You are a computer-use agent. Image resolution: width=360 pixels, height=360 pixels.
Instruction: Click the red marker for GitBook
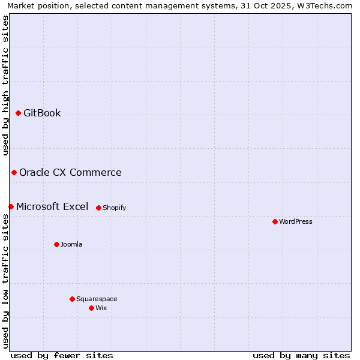[x=18, y=113]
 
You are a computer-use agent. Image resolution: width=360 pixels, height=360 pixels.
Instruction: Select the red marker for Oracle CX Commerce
[x=14, y=172]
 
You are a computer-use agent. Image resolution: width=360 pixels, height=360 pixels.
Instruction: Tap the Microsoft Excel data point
[x=11, y=206]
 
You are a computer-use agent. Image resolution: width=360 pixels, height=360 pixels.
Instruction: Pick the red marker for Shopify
[x=98, y=208]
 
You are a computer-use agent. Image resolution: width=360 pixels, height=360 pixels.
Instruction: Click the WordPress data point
[x=275, y=221]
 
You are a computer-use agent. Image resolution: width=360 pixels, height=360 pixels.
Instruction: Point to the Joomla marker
[x=56, y=244]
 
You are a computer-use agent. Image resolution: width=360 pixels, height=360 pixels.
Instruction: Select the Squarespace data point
[x=72, y=299]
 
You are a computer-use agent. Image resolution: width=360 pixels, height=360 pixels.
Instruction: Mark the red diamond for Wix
[x=91, y=308]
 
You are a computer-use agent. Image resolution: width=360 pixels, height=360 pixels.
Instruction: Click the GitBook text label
[x=42, y=113]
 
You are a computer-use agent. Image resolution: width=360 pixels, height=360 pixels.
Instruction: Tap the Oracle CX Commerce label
[x=70, y=172]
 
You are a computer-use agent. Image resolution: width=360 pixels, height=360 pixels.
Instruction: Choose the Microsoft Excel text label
[x=52, y=206]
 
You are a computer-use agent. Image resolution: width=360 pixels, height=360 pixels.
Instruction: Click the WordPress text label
[x=296, y=221]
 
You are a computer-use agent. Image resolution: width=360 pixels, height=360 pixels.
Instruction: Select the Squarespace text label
[x=97, y=299]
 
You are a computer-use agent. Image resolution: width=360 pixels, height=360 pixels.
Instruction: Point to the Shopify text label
[x=114, y=208]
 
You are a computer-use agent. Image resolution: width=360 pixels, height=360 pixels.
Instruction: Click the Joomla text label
[x=71, y=244]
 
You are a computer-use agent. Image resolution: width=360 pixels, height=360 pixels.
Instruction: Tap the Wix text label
[x=101, y=308]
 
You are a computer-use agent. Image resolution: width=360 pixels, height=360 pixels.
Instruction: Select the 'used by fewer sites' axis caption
[x=62, y=355]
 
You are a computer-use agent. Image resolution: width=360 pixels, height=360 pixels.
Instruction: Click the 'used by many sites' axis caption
[x=301, y=355]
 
